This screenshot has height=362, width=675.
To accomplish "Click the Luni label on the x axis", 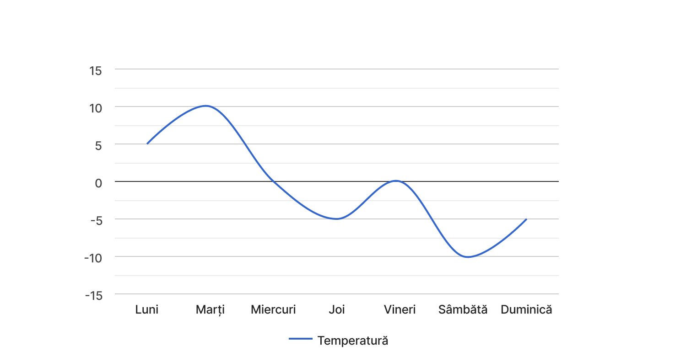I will (147, 309).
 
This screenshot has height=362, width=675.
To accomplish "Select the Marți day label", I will (210, 309).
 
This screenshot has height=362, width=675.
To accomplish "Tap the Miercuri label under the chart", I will (273, 309).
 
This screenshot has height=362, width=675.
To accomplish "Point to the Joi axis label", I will (337, 309).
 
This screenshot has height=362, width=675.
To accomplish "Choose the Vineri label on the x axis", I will (400, 309).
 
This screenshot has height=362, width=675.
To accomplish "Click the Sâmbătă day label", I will (463, 309).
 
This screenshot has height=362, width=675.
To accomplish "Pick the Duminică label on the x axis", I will (526, 309).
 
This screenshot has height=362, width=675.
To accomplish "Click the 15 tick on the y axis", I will (96, 70).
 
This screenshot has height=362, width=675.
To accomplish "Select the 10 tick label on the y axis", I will (95, 108).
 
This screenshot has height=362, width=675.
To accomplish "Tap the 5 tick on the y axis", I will (98, 145).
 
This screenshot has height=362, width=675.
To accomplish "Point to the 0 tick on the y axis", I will (98, 183).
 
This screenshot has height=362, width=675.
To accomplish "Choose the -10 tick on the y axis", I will (93, 258).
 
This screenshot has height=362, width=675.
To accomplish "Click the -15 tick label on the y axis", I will (93, 295).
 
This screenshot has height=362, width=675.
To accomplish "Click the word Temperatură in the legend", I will (353, 341).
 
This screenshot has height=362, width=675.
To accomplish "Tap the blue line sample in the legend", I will (301, 339).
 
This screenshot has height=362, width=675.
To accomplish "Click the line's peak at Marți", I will (206, 106).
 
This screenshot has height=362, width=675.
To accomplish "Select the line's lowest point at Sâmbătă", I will (467, 257).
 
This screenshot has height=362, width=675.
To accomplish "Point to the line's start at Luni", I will (147, 144).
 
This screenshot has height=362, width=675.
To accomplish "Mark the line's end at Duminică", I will (526, 219).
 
